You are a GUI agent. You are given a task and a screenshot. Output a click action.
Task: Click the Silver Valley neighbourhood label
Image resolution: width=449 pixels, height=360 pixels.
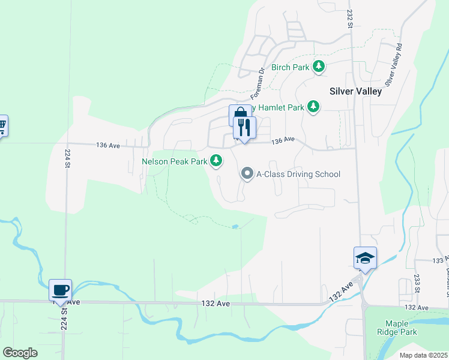[355, 91]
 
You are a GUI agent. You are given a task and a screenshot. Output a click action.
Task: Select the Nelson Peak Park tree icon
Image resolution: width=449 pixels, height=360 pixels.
[217, 161]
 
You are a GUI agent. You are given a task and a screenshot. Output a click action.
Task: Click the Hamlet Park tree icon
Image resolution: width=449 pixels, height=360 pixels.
[313, 107]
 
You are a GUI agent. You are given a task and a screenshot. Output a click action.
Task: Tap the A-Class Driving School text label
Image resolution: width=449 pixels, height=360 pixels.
[298, 175]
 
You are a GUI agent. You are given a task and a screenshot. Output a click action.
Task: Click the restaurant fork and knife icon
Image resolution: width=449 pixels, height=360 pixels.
[244, 127]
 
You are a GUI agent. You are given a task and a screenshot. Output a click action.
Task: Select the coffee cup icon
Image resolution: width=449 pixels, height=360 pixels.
[60, 290]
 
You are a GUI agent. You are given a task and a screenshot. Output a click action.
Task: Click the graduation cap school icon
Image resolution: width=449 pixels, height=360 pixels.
[365, 258]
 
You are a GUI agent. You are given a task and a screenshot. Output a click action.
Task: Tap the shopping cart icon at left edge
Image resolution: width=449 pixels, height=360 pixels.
[2, 125]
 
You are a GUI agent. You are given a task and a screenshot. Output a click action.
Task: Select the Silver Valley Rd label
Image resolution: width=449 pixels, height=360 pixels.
[393, 64]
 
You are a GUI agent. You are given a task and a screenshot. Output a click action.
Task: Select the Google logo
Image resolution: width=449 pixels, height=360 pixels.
[20, 352]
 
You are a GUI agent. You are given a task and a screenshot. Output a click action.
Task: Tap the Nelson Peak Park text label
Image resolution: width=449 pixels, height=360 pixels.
[175, 161]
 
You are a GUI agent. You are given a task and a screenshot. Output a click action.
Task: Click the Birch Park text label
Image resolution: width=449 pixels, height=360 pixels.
[291, 67]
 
